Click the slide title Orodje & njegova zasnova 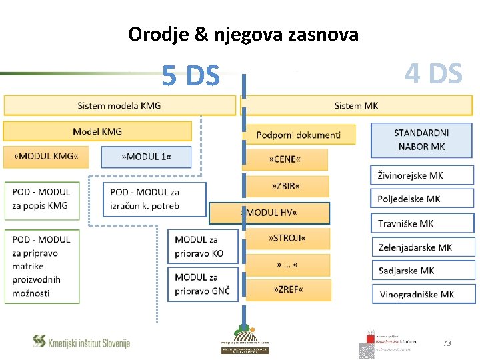click(x=243, y=34)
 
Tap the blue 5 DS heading click(x=191, y=77)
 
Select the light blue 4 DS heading click(x=433, y=74)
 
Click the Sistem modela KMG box click(x=120, y=105)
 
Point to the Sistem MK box click(x=357, y=105)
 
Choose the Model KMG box click(x=97, y=131)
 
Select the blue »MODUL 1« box click(x=146, y=157)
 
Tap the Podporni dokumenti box click(x=299, y=134)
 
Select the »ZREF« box click(x=289, y=289)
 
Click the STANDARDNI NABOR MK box click(x=421, y=139)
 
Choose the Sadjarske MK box click(x=423, y=270)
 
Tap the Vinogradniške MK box click(x=423, y=294)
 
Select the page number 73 click(x=447, y=343)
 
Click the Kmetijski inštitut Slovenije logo click(x=81, y=342)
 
